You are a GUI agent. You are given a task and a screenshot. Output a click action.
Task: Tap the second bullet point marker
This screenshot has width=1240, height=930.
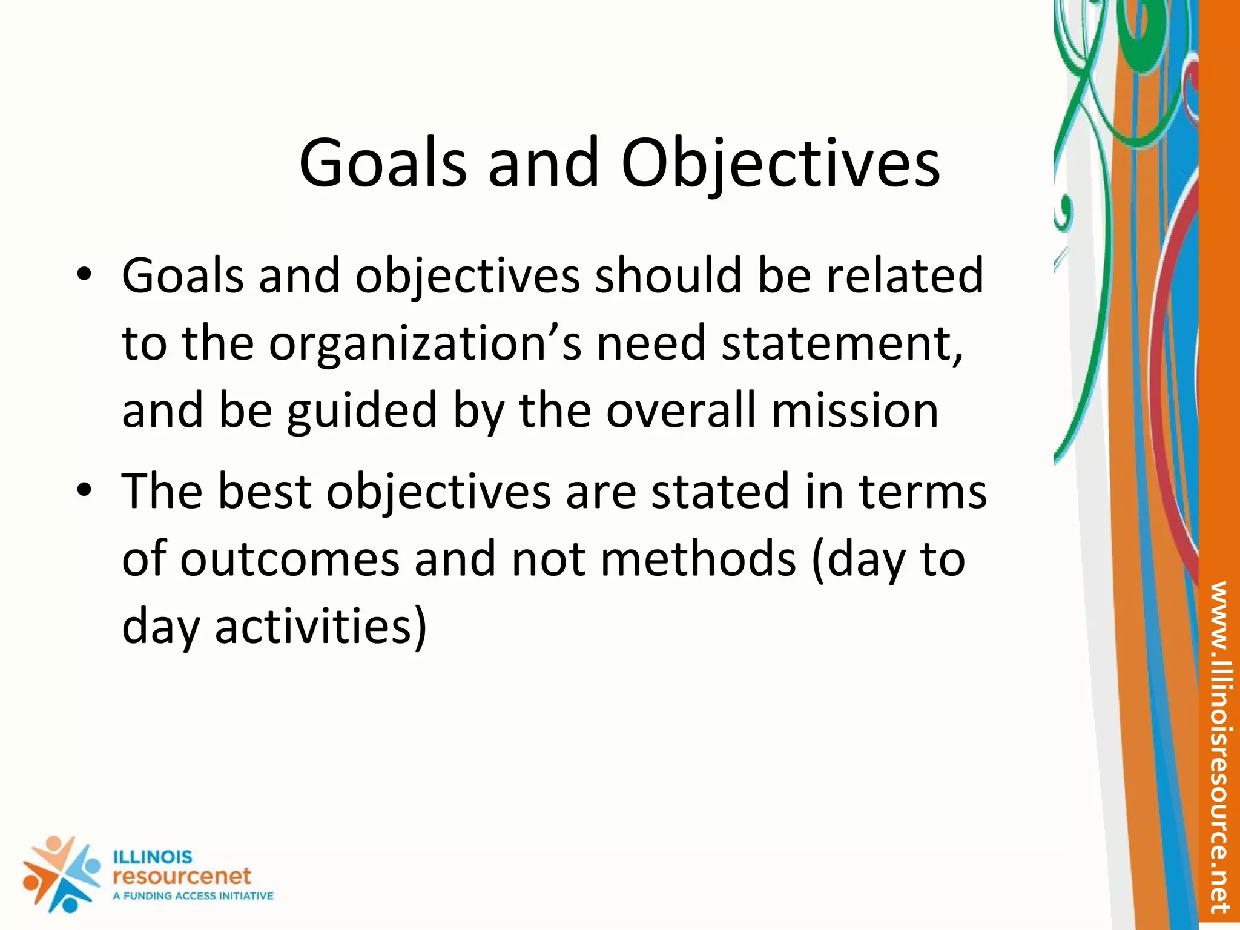tap(84, 489)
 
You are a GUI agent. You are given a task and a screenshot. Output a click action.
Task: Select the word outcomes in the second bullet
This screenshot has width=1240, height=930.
tap(290, 559)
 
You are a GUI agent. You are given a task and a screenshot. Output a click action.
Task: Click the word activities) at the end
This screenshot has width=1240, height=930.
tap(321, 626)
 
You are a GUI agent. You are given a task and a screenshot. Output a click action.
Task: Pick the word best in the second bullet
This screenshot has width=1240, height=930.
tap(264, 491)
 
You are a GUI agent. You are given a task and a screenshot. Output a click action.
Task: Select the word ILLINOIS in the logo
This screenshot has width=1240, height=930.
tap(153, 857)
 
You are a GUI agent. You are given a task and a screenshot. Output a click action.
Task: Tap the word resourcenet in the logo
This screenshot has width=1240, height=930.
tap(182, 876)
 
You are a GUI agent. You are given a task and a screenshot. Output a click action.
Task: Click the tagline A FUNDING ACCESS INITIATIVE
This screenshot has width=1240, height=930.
tap(193, 896)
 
